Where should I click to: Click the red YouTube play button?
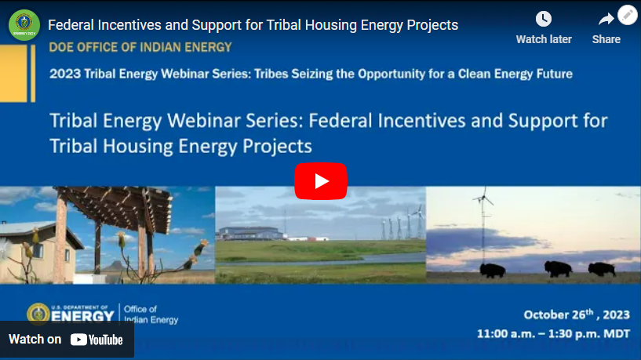click(320, 181)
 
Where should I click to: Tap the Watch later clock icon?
click(544, 20)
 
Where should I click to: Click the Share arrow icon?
click(606, 20)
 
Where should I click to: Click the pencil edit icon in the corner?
click(628, 15)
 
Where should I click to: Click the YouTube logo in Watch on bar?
click(97, 340)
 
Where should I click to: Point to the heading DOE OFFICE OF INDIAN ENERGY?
click(140, 47)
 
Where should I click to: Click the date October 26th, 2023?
click(577, 315)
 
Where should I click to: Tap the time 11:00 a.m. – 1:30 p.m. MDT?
click(553, 333)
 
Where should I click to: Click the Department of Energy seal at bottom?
click(38, 314)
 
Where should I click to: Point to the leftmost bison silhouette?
click(492, 270)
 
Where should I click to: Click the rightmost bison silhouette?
click(602, 269)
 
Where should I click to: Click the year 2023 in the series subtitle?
click(64, 75)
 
